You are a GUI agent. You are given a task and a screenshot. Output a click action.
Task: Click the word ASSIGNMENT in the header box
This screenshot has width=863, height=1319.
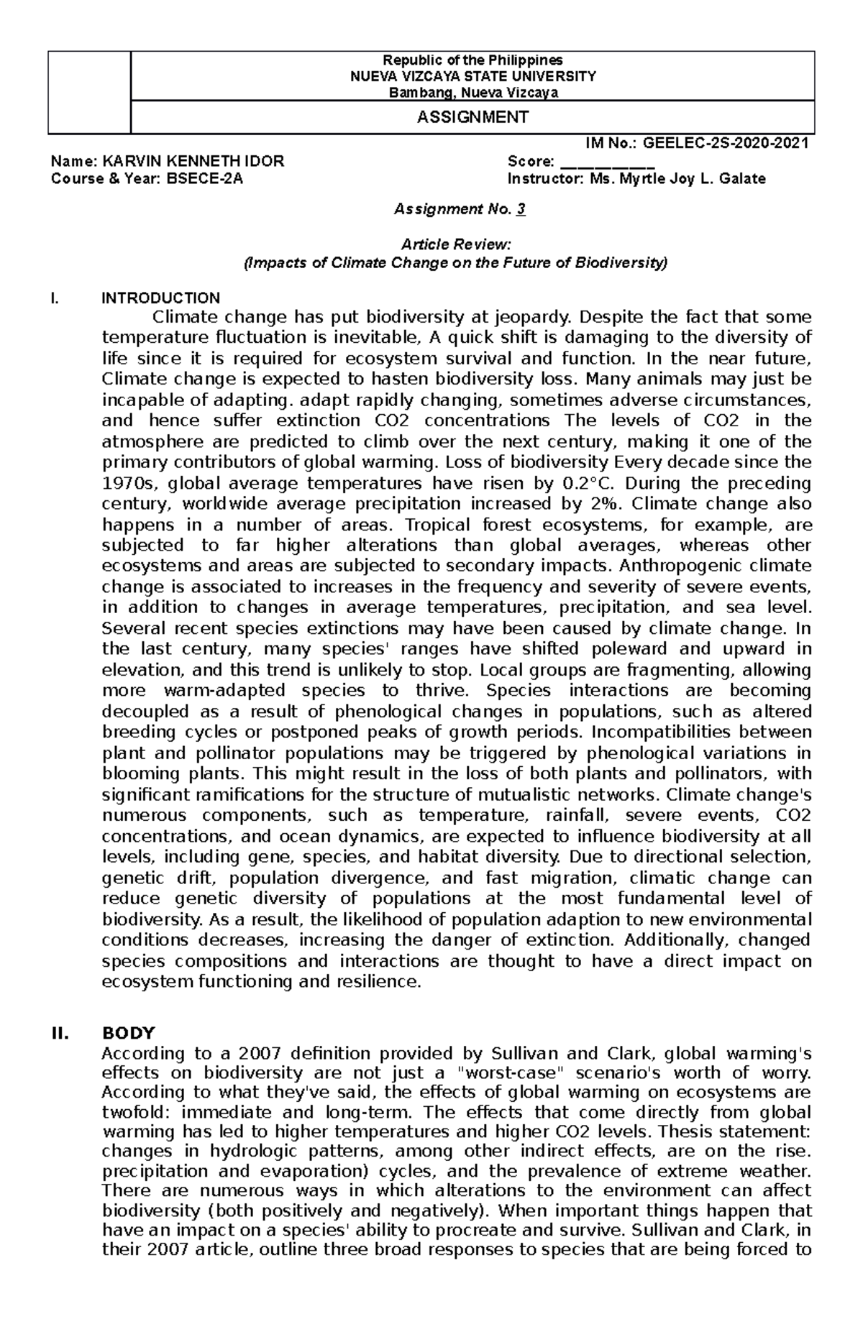(x=472, y=117)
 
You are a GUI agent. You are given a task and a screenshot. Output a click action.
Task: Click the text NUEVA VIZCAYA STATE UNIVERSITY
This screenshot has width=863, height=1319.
(x=472, y=76)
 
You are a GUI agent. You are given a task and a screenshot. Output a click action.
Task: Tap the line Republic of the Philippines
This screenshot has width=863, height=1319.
(x=472, y=60)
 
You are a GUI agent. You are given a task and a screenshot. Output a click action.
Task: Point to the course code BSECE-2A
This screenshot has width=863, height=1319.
(x=206, y=179)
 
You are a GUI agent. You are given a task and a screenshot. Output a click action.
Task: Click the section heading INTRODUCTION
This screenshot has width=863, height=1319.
(x=161, y=298)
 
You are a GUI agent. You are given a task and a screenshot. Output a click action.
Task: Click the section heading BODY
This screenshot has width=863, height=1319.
(x=129, y=1033)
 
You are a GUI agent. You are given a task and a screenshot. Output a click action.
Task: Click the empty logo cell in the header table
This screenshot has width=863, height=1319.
(x=89, y=92)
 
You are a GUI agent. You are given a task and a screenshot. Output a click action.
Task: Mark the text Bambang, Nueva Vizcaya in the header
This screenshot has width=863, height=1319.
(x=472, y=92)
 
